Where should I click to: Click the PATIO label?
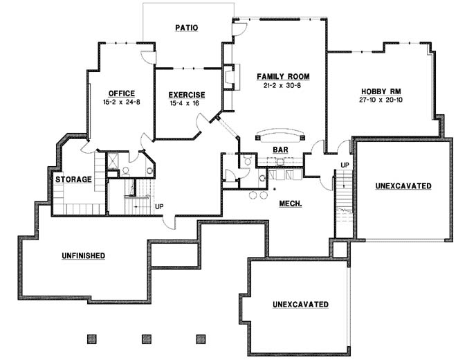(186, 28)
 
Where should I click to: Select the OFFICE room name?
(121, 93)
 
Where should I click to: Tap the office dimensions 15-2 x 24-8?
(121, 102)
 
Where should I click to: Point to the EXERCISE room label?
(187, 95)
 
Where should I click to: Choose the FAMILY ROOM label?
(283, 76)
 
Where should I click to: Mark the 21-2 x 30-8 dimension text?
(283, 85)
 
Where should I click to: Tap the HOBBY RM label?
(383, 91)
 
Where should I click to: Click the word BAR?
(280, 149)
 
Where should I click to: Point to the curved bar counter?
(280, 134)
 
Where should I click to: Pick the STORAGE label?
(73, 179)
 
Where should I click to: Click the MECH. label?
(290, 204)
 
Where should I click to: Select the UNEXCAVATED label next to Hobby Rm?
(403, 186)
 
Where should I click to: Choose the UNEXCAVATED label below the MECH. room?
(300, 305)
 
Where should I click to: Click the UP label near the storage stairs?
(159, 206)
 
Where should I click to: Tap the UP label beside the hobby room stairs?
(344, 164)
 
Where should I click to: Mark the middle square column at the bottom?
(146, 339)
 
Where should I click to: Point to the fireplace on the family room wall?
(231, 78)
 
